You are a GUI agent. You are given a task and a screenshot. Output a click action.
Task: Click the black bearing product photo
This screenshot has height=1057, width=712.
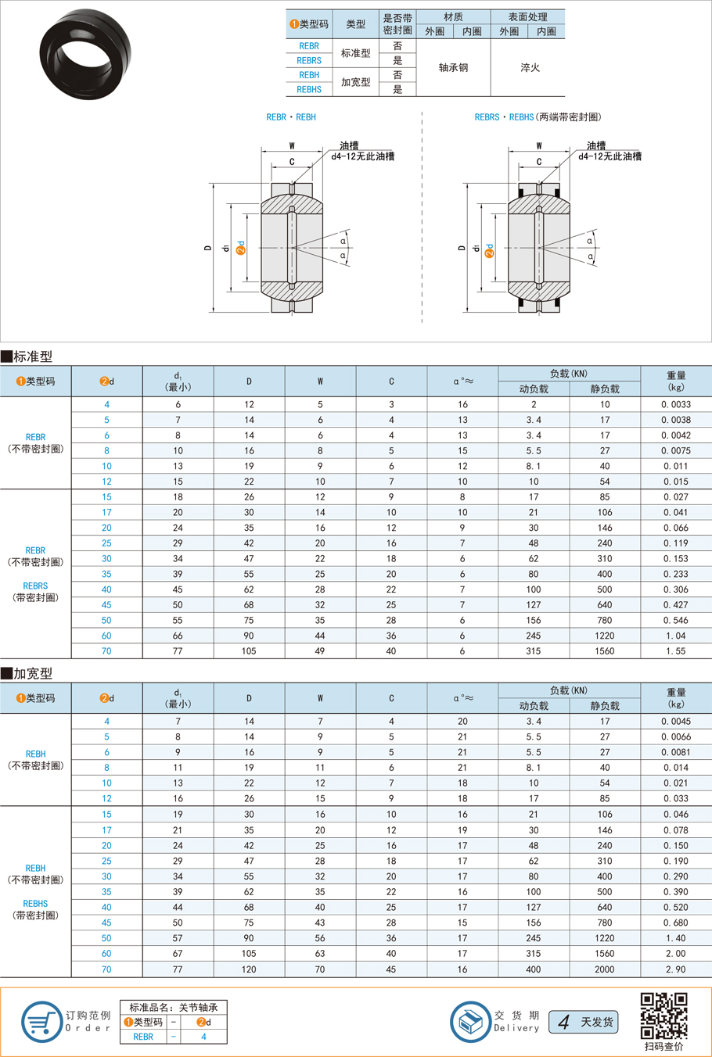click(85, 53)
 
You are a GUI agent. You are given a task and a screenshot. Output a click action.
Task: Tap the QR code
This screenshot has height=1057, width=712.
click(663, 1016)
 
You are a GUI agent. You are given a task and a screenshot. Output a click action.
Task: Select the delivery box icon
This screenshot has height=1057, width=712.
click(470, 1021)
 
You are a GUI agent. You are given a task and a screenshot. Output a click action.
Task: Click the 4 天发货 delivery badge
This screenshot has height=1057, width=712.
click(583, 1022)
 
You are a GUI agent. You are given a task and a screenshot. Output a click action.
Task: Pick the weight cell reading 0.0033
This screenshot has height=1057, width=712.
click(675, 405)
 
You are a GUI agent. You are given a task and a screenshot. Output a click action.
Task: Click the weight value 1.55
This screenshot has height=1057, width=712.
click(675, 651)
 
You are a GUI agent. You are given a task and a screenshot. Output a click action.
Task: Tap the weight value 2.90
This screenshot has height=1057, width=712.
click(675, 969)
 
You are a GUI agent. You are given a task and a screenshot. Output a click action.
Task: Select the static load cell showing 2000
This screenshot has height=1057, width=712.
click(604, 969)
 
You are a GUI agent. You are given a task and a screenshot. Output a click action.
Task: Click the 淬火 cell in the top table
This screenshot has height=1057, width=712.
click(530, 68)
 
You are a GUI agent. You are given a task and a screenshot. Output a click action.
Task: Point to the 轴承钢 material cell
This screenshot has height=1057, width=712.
click(453, 68)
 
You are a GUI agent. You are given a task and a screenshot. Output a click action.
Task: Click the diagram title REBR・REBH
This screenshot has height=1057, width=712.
click(291, 117)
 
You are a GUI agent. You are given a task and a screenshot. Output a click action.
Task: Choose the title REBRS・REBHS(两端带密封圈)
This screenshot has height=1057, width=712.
click(538, 117)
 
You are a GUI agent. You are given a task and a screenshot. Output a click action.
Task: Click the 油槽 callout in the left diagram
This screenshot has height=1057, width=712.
click(349, 145)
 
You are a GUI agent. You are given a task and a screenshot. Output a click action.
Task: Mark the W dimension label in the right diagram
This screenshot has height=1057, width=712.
click(539, 145)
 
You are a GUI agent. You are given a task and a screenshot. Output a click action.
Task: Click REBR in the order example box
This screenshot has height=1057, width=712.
click(143, 1037)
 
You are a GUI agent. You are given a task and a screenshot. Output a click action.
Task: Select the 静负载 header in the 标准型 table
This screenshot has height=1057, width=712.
click(604, 389)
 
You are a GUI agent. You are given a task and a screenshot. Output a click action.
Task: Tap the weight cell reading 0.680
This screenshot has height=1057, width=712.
click(675, 923)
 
